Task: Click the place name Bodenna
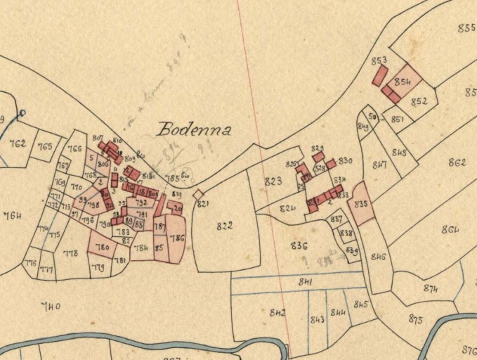(194, 129)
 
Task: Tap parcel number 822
(224, 226)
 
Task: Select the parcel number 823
(273, 181)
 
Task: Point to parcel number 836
(299, 245)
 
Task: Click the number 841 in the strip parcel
(305, 282)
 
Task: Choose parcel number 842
(277, 312)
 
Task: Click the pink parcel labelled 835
(362, 204)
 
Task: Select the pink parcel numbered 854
(403, 82)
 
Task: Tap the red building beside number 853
(379, 75)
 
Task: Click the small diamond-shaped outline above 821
(199, 194)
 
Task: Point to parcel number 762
(18, 143)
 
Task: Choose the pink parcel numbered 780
(102, 247)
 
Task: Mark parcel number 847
(379, 166)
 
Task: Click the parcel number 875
(415, 319)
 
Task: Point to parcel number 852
(419, 101)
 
